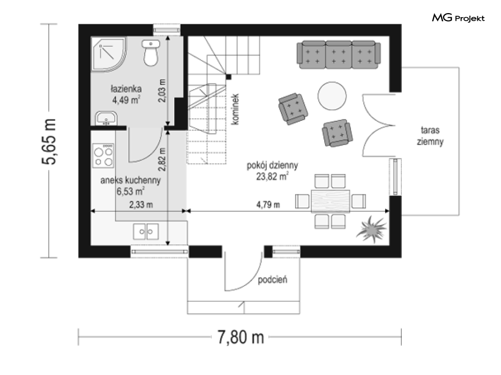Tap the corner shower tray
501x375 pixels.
[108, 53]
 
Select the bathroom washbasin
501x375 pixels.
[106, 118]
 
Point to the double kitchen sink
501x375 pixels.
[146, 232]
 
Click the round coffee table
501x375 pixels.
[332, 96]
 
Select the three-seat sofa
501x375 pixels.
[339, 55]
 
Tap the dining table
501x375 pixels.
[330, 201]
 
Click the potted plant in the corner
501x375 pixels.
[372, 229]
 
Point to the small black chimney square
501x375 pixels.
[229, 77]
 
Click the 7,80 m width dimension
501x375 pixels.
[241, 337]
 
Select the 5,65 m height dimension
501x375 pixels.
[49, 141]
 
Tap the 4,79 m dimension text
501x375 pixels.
[268, 204]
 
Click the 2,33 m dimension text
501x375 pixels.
[141, 204]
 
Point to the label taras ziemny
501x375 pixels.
[430, 136]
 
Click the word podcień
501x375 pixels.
[272, 280]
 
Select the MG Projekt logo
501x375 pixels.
[458, 18]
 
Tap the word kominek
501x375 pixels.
[235, 109]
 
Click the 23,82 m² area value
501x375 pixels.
[272, 176]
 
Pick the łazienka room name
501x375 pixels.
[126, 89]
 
